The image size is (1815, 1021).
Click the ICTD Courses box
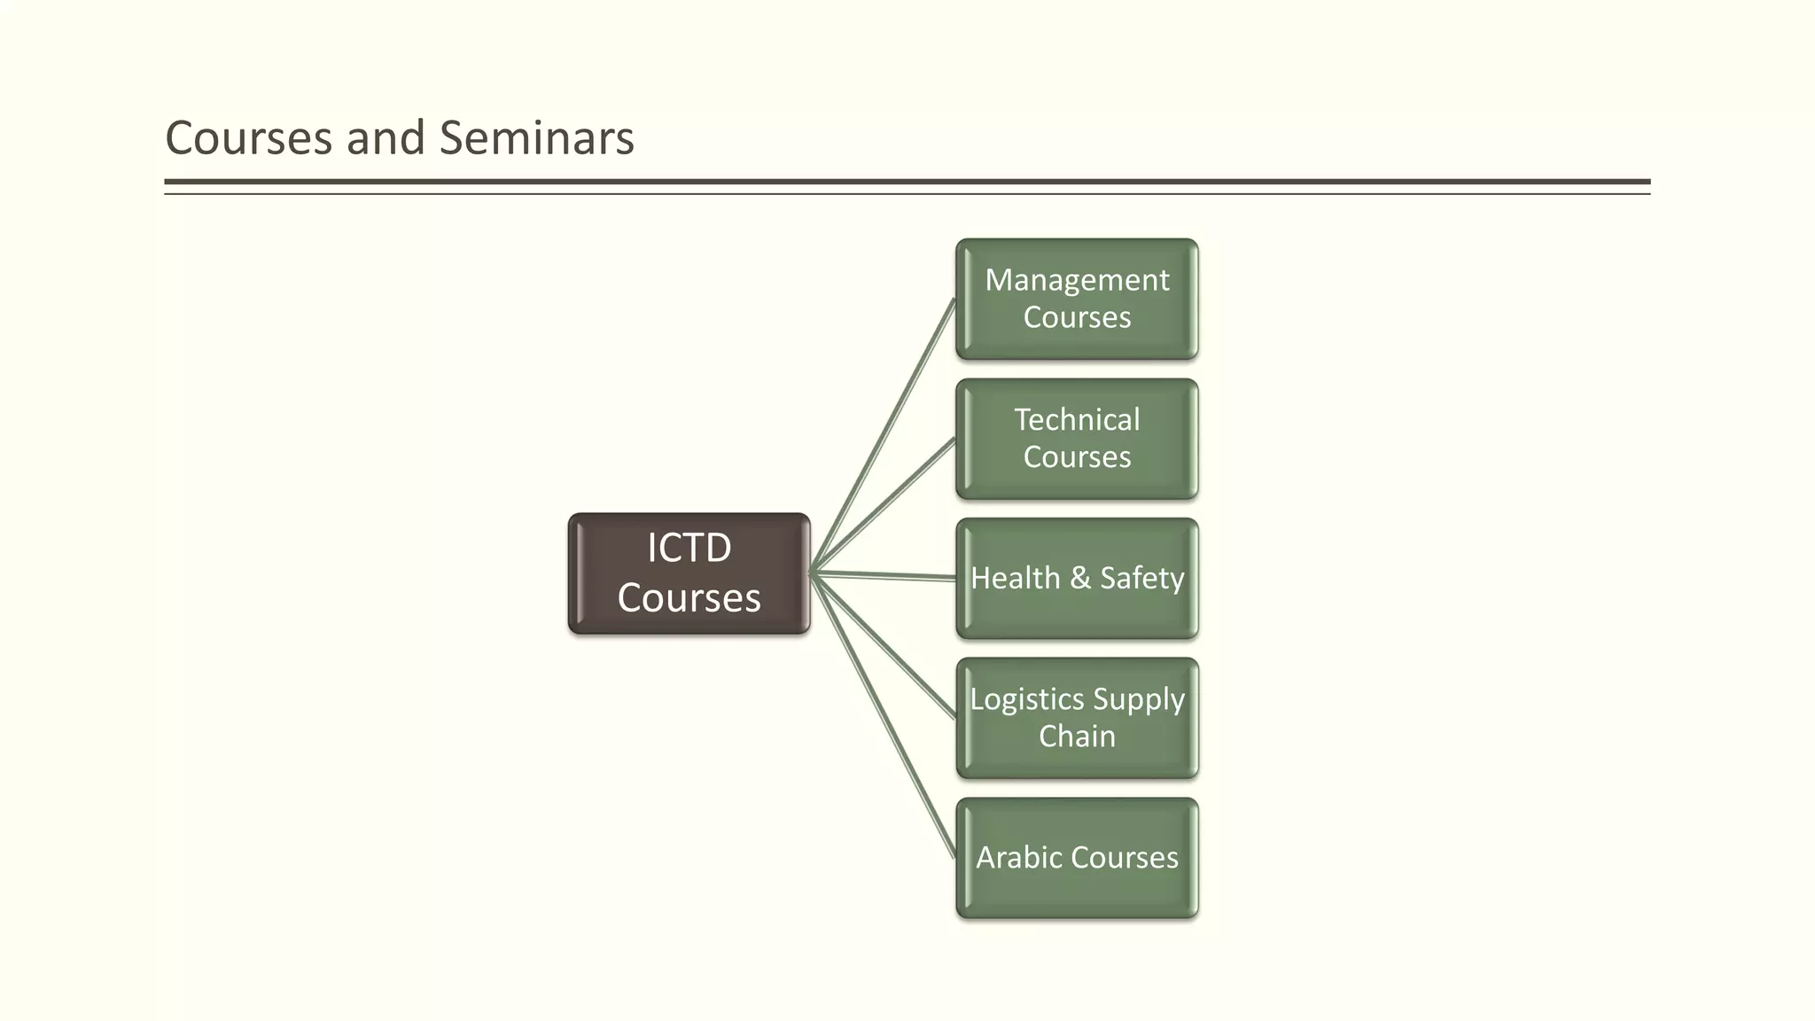(x=689, y=573)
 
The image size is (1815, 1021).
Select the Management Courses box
(x=1077, y=299)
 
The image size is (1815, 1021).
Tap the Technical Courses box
(x=1077, y=439)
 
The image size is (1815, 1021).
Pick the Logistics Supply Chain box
(x=1077, y=718)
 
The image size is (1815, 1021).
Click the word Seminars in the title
(x=536, y=138)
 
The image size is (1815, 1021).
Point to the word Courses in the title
(x=248, y=138)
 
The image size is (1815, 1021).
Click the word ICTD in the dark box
(x=689, y=548)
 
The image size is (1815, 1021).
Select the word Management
(x=1077, y=280)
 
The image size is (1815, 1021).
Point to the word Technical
(x=1077, y=419)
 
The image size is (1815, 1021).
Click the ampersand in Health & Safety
(x=1079, y=578)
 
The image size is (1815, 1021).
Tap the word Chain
(x=1077, y=737)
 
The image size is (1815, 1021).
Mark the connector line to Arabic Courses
(x=884, y=715)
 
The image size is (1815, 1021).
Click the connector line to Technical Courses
(x=884, y=506)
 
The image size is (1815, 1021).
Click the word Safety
(x=1141, y=578)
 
